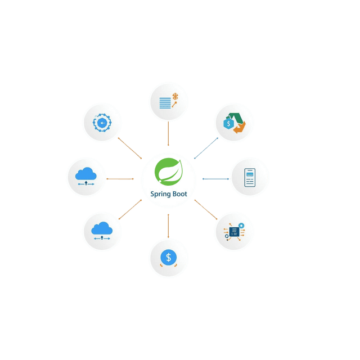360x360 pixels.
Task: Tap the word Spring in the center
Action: coord(161,195)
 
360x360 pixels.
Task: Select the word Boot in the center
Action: coord(181,195)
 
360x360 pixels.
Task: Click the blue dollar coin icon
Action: coord(168,258)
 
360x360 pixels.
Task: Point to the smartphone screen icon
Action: coord(250,178)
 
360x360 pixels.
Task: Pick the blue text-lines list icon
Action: coord(165,103)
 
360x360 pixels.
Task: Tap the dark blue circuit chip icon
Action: coord(233,231)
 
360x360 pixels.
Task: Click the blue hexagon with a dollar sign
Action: coord(228,124)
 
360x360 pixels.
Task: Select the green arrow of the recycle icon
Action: coord(237,116)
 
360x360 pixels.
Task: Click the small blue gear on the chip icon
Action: coord(241,226)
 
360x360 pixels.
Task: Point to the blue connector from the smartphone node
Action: coord(215,179)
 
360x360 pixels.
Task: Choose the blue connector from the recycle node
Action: coord(206,147)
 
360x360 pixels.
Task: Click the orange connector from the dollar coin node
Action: coord(168,225)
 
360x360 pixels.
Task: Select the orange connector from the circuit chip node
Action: coord(206,209)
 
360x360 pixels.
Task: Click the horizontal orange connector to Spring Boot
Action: coord(120,179)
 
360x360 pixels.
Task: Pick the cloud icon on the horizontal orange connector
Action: coord(85,175)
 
